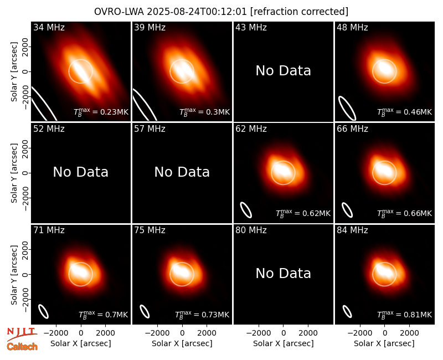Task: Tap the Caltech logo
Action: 22,347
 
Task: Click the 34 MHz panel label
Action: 49,27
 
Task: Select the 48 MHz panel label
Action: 352,27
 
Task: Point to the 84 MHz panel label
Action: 352,230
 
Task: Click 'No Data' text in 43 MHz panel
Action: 284,71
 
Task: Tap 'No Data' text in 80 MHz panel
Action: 284,274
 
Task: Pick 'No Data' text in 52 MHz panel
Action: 81,172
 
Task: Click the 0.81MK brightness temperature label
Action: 405,314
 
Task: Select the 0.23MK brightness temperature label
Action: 101,112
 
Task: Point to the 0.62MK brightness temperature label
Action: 303,213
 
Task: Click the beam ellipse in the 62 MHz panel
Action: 246,210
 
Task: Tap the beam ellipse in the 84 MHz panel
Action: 347,311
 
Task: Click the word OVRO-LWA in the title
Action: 119,12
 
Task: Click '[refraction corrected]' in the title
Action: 299,12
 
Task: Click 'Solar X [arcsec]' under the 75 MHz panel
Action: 182,343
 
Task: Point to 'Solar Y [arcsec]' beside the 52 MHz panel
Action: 14,173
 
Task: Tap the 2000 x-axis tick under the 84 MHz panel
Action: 409,333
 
